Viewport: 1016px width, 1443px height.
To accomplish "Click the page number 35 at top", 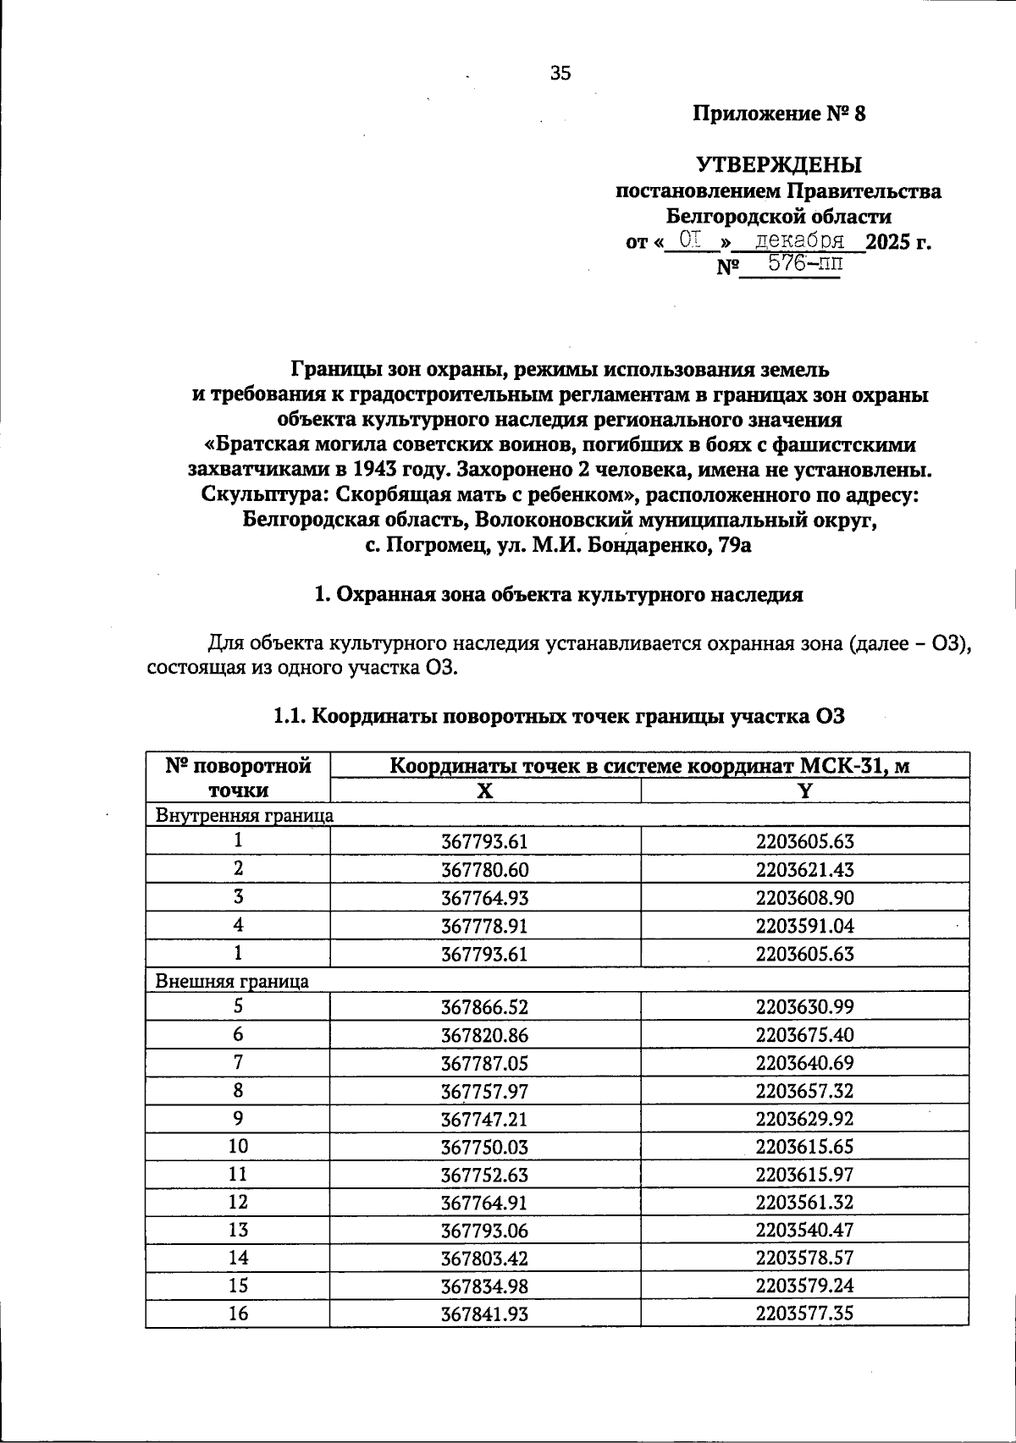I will [560, 74].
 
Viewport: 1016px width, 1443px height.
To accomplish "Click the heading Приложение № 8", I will [779, 114].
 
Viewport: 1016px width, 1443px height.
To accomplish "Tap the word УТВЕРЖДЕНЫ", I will [779, 164].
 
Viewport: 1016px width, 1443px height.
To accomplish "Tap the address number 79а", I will [733, 546].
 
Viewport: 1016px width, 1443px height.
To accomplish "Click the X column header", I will [484, 791].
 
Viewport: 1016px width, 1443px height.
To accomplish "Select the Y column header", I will [805, 791].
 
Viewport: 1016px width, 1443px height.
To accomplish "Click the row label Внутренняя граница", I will [244, 816].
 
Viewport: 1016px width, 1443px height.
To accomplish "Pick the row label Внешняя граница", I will [231, 982].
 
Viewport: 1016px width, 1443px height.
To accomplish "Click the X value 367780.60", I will [484, 870].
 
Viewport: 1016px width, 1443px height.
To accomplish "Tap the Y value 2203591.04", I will [805, 926].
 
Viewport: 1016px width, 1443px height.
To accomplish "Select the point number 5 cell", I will [238, 1007].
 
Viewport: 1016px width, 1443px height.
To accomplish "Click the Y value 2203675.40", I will [805, 1035].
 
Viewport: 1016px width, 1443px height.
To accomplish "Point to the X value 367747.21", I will [484, 1120].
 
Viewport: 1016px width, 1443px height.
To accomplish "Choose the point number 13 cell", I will [238, 1231].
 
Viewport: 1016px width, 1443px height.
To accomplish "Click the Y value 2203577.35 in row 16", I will [805, 1314].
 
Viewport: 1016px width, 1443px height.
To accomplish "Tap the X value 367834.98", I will [484, 1286].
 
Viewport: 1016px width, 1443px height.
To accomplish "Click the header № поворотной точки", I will [238, 778].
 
